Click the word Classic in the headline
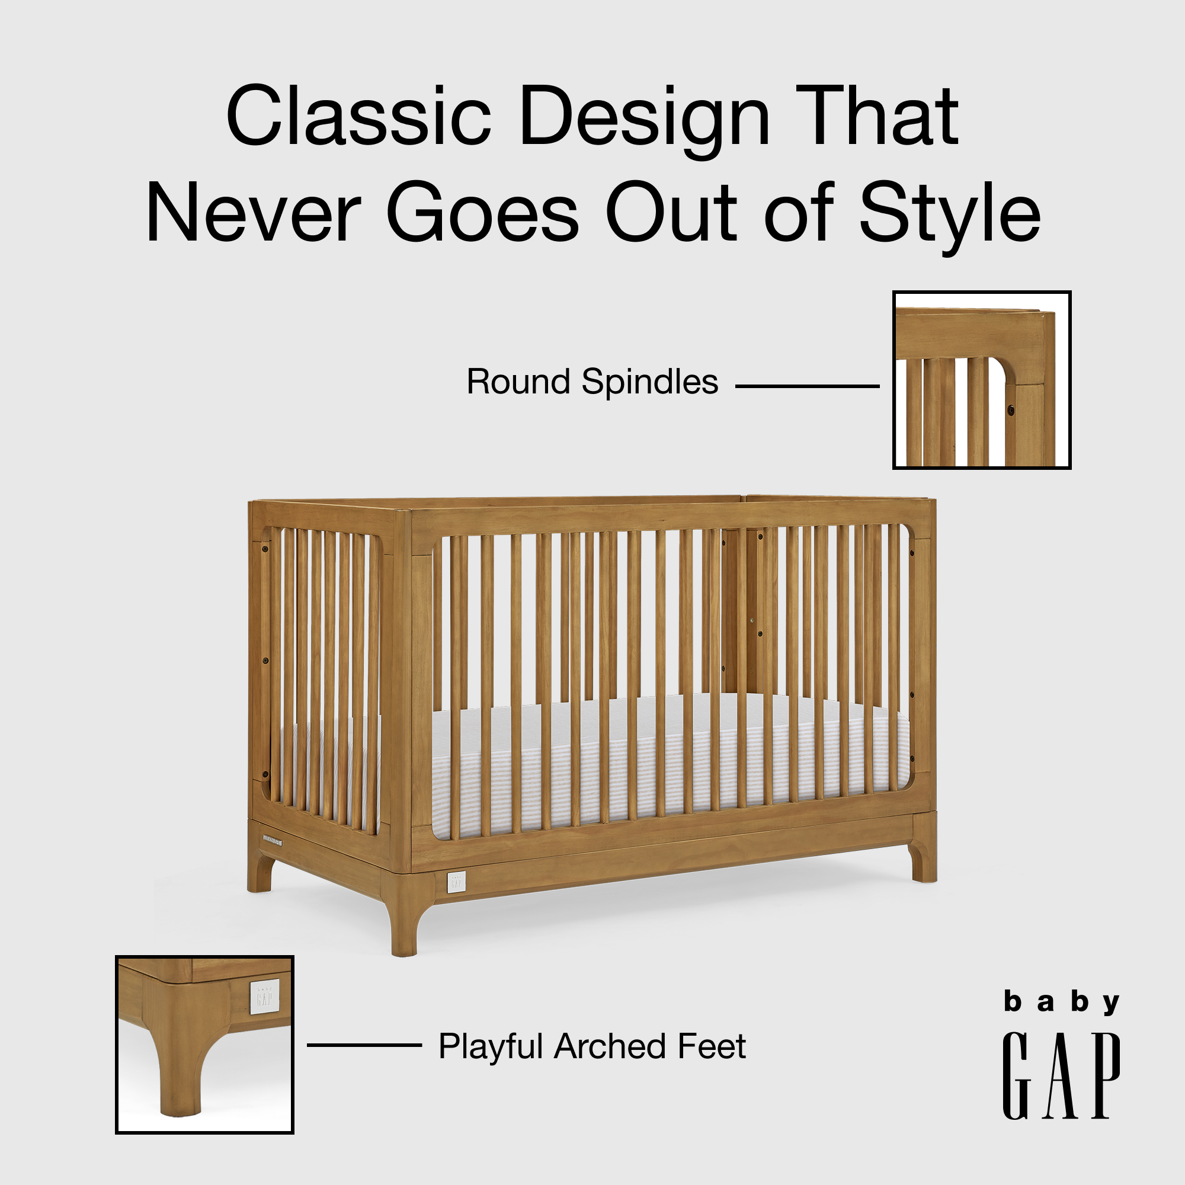(x=358, y=117)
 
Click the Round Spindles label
(x=592, y=382)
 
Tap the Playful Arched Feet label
(x=592, y=1046)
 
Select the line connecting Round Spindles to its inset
(x=807, y=386)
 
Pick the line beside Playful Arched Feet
(x=364, y=1045)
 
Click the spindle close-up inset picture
(x=981, y=380)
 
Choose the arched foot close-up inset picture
(x=205, y=1044)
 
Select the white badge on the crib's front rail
(x=456, y=882)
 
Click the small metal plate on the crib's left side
(x=273, y=838)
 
